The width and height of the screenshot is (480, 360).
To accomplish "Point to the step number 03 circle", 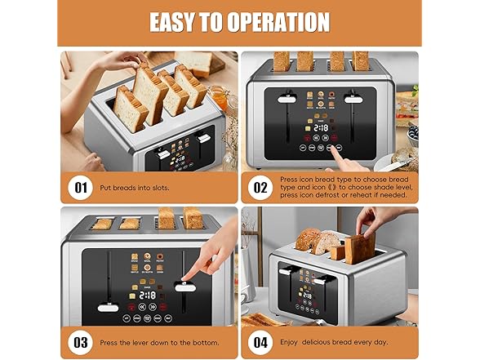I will tap(81, 341).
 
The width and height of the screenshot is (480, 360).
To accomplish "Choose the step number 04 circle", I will tap(260, 341).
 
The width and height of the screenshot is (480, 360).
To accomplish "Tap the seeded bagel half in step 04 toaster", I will tap(309, 238).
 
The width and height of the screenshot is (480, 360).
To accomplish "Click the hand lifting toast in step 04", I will tap(380, 221).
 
